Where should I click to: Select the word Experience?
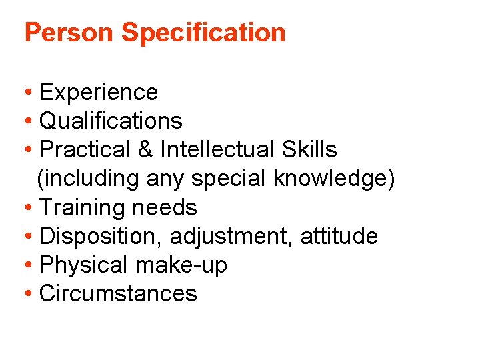tap(99, 92)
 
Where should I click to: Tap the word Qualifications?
tap(111, 121)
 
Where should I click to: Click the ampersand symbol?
tap(145, 149)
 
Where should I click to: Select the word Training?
tap(83, 207)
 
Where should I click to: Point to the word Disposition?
tap(101, 236)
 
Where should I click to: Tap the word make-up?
tap(181, 265)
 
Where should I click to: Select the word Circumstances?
tap(119, 293)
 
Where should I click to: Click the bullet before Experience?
tap(29, 92)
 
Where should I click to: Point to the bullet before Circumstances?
tap(29, 293)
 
